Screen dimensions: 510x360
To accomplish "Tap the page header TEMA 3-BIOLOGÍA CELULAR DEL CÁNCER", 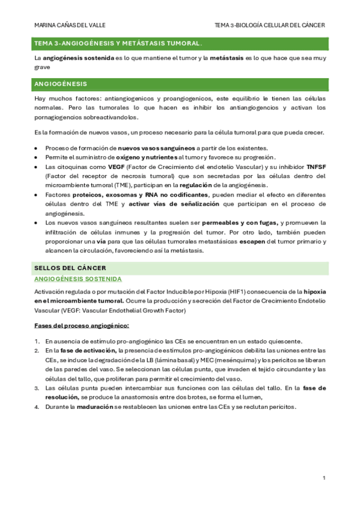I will coord(270,25).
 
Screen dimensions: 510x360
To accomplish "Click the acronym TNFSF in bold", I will coord(316,167).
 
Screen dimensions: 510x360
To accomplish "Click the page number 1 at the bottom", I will coord(324,478).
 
